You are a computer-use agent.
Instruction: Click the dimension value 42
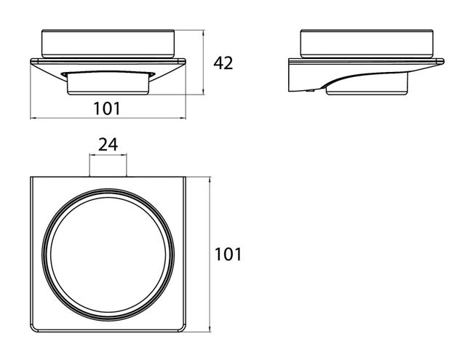point(223,63)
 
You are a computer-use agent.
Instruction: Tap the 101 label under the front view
point(107,108)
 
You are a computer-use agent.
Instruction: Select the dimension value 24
point(108,145)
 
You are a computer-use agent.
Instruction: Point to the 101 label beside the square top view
point(228,255)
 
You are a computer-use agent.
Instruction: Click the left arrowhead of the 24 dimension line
point(92,155)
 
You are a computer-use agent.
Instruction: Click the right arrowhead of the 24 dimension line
point(124,155)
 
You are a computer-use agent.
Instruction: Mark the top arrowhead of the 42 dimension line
point(204,32)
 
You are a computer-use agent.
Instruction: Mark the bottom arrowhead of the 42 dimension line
point(204,92)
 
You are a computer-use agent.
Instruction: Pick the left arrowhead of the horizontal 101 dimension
point(33,118)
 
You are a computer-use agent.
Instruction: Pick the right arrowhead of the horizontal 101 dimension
point(183,118)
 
